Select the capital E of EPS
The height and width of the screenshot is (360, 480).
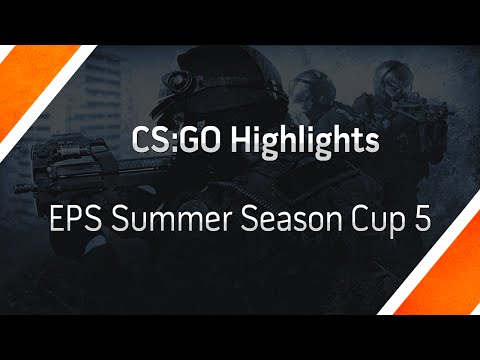click(56, 219)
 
